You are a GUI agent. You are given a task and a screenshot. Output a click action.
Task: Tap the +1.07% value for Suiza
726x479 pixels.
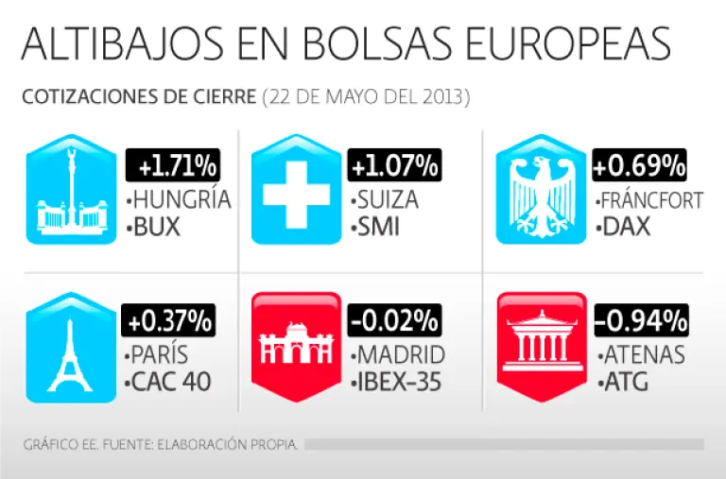395,167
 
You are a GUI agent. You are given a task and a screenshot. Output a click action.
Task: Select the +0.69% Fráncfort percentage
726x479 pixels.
639,167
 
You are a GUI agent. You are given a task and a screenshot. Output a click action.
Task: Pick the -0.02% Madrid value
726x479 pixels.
394,321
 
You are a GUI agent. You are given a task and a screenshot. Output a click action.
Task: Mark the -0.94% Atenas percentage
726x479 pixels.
639,321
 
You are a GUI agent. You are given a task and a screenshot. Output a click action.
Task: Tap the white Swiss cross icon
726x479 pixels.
293,192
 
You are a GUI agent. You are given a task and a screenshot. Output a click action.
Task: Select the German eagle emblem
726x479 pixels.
536,192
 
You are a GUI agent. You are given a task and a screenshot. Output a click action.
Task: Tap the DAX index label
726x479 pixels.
624,229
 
